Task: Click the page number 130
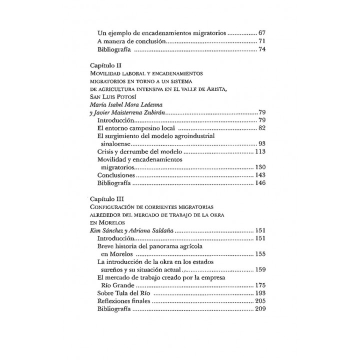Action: (x=260, y=167)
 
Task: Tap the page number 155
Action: (x=260, y=254)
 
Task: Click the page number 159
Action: (x=260, y=269)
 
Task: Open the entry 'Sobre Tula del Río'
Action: (x=123, y=293)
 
